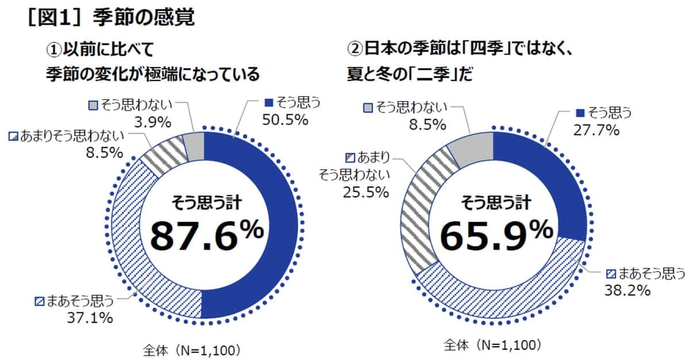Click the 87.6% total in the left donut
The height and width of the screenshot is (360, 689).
click(x=207, y=234)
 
